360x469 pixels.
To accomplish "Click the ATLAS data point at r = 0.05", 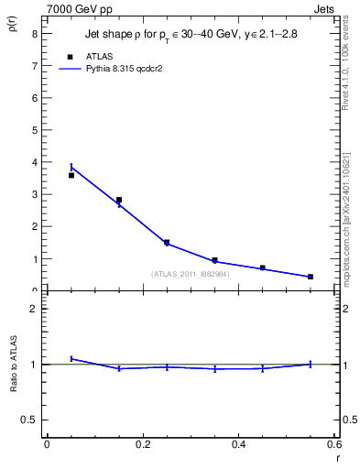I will [71, 175].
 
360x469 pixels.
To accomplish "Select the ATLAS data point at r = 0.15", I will [119, 200].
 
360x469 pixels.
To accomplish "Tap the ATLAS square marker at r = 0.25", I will [167, 243].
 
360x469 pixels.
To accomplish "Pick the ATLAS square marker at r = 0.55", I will [311, 277].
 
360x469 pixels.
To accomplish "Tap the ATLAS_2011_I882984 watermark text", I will [190, 274].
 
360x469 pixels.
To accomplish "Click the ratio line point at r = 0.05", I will [71, 358].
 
